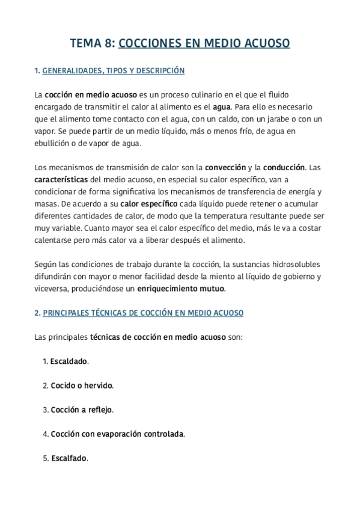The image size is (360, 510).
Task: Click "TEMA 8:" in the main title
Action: (93, 43)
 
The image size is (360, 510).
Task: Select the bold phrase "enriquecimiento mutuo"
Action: (181, 289)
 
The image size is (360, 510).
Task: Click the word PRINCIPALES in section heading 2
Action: (70, 313)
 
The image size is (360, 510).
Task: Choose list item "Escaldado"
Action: (69, 361)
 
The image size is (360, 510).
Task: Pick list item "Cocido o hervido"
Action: (82, 386)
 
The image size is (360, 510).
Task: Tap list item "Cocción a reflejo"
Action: (82, 410)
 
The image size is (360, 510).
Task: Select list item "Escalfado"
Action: (69, 458)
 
